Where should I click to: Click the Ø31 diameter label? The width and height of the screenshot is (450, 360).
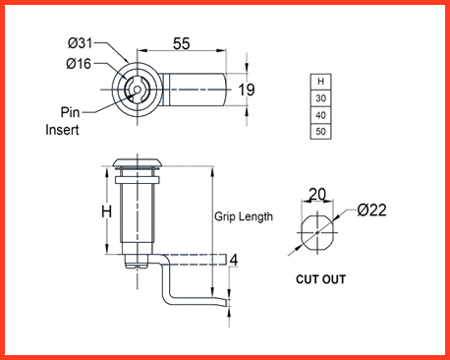point(81,43)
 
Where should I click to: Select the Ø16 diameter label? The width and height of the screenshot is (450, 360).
point(79,63)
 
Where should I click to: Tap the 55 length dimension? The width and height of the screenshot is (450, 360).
point(182,43)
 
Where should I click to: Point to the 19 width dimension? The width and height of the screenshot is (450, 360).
point(247,90)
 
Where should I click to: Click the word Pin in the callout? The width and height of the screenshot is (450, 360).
point(70,112)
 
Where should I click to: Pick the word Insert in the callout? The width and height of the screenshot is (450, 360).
point(62,130)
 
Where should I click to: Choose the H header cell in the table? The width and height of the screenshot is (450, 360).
point(320,82)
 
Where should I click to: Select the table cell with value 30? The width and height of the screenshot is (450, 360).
point(320,98)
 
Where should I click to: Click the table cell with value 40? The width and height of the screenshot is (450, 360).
point(320,115)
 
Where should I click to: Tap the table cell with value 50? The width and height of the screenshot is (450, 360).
point(320,132)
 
